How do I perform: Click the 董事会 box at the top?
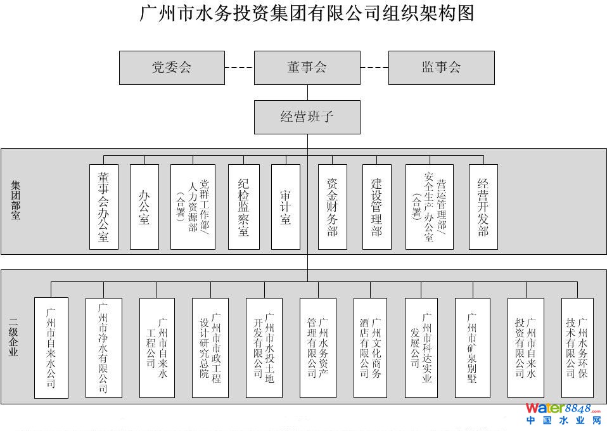coord(307,68)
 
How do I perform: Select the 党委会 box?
coord(172,68)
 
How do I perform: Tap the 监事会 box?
coord(441,68)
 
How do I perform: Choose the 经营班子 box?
coord(307,117)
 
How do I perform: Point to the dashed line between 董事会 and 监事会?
coord(374,68)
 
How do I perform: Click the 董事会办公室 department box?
coord(104,207)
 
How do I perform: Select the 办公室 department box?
coord(144,207)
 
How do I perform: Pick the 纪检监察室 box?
coord(244,207)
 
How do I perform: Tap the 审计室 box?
coord(285,207)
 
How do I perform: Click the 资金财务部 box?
coord(333,207)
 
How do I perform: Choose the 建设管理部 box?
coord(377,207)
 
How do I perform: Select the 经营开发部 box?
coord(483,207)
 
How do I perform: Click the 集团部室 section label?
coord(15,200)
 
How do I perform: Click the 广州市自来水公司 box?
coord(51,347)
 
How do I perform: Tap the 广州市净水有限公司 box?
coord(103,347)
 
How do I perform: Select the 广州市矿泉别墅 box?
coord(472,347)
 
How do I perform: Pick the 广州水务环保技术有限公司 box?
coord(577,347)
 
